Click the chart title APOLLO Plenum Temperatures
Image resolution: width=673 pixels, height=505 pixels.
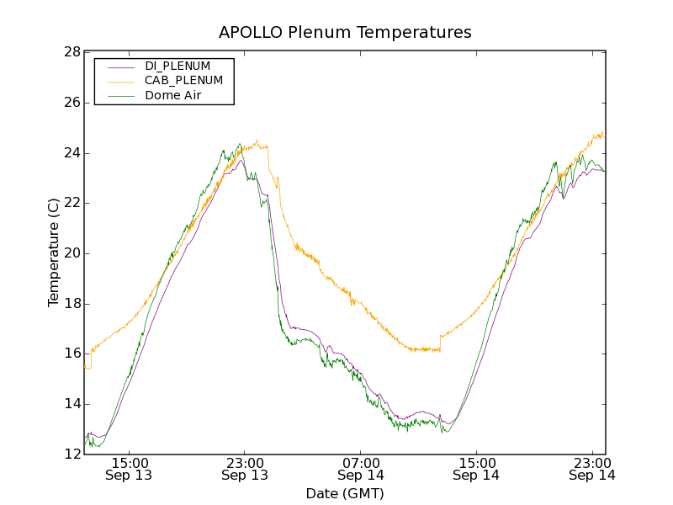(x=345, y=33)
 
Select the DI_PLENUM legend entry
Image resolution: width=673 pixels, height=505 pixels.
(x=178, y=66)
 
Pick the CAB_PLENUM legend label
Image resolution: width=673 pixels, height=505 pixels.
(x=183, y=81)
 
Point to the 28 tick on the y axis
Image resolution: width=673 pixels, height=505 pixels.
(x=72, y=52)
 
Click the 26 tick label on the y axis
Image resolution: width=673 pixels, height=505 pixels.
(x=72, y=103)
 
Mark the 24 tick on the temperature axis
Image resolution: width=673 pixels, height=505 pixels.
(x=72, y=153)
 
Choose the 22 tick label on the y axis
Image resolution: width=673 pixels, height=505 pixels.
(x=72, y=203)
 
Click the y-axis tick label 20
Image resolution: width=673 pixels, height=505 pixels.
(x=72, y=253)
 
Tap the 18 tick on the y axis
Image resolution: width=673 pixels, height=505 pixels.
(x=72, y=304)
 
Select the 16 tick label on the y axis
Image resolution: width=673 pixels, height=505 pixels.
(x=72, y=353)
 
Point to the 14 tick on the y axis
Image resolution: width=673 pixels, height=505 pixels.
(x=72, y=404)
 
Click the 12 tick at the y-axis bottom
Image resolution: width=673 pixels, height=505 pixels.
(x=72, y=454)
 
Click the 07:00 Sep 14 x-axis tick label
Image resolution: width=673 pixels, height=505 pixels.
(x=361, y=469)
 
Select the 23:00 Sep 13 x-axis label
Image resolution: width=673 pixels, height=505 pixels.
(x=245, y=469)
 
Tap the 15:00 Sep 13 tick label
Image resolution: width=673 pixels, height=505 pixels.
(x=130, y=469)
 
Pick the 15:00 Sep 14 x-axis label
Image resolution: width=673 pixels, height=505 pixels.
(x=476, y=469)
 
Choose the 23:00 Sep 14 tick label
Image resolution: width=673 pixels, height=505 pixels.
(x=591, y=469)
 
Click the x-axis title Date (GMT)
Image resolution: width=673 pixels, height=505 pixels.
(x=345, y=493)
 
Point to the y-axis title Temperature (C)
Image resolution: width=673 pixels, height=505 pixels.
(x=54, y=252)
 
